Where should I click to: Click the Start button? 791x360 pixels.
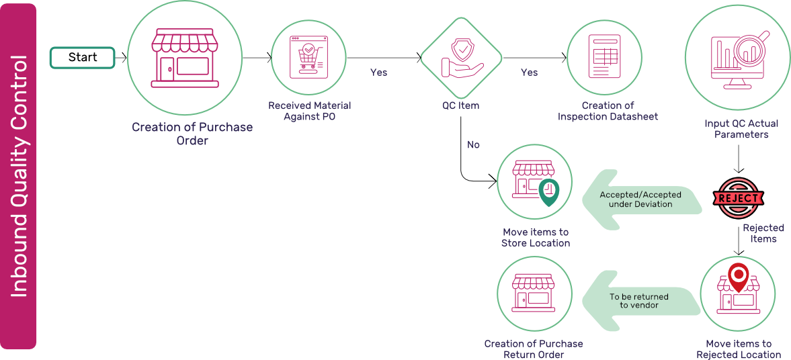click(83, 58)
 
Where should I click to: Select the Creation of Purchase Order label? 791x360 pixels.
click(192, 134)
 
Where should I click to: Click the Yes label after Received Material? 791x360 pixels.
click(379, 73)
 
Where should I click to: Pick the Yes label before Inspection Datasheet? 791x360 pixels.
click(529, 73)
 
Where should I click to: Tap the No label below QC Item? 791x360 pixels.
click(473, 144)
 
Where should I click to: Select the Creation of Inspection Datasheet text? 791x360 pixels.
click(608, 111)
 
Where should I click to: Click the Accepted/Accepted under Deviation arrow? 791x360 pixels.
click(642, 199)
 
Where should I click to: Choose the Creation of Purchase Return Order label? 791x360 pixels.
click(534, 349)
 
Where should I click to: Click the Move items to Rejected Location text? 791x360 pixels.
click(739, 349)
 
